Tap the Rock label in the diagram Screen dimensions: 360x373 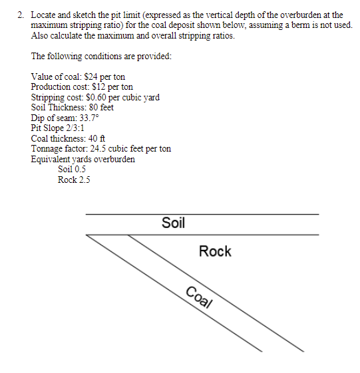pyautogui.click(x=215, y=251)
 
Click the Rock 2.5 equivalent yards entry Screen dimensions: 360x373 pyautogui.click(x=74, y=180)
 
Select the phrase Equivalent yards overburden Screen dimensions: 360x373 pyautogui.click(x=83, y=159)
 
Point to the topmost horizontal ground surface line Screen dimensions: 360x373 pyautogui.click(x=202, y=214)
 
